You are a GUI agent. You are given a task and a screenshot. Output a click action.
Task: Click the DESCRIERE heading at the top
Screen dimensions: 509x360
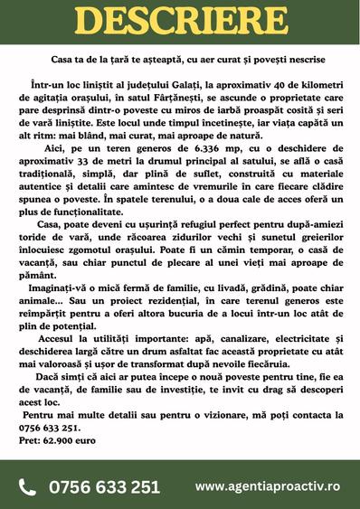180,23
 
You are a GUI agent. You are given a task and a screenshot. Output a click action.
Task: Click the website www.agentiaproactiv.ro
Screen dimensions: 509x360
268,486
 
